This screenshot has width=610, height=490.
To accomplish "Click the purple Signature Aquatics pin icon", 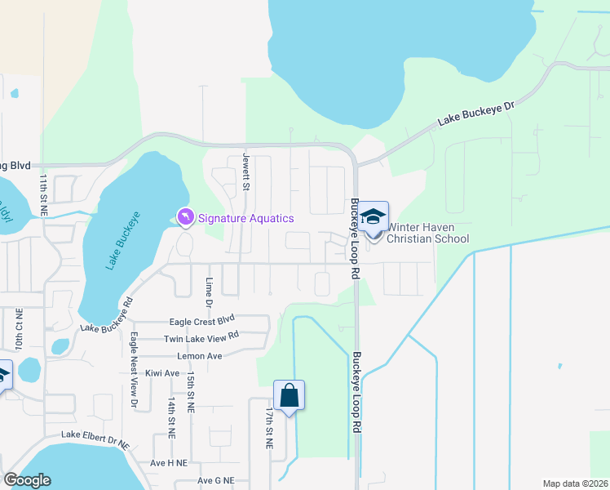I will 186,217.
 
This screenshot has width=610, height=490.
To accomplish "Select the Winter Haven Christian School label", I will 427,233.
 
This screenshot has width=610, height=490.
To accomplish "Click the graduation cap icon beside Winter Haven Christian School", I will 374,217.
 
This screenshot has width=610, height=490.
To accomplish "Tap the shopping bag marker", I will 289,396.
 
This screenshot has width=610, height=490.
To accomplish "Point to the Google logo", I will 27,480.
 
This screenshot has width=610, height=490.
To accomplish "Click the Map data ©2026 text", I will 574,483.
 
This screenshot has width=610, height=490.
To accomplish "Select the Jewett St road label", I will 246,172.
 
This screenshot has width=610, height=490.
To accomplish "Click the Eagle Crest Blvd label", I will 201,321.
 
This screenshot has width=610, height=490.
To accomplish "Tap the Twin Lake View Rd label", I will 201,337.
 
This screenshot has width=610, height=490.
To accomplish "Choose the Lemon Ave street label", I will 200,356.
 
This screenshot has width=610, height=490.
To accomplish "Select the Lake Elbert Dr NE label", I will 95,442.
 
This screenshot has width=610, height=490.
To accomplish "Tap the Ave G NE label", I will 215,481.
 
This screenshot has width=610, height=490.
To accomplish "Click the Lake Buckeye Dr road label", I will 477,114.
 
